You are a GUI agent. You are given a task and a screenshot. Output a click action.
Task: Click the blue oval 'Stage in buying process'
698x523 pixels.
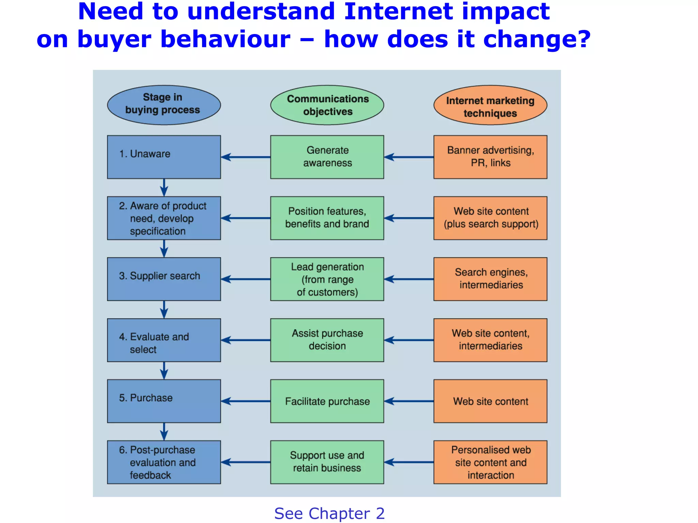[164, 105]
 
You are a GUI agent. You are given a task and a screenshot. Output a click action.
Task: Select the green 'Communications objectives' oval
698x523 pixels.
[327, 105]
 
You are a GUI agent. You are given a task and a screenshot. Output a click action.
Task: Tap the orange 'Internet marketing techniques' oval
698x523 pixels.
[490, 105]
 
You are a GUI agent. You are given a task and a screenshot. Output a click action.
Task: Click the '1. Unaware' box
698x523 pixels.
[164, 157]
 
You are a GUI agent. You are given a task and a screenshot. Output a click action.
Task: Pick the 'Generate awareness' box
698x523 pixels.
[327, 157]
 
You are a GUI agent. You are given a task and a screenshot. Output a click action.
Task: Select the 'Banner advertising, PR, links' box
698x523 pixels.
[490, 157]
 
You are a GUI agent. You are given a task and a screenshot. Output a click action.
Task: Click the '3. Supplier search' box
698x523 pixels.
[164, 279]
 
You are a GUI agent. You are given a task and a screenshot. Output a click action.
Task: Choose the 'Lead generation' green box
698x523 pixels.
[327, 279]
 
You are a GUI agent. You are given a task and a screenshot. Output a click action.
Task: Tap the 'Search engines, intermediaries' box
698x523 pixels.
[490, 279]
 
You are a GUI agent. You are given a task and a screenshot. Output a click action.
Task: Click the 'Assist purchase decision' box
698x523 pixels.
[327, 340]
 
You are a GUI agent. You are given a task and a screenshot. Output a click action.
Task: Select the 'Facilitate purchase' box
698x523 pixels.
[327, 401]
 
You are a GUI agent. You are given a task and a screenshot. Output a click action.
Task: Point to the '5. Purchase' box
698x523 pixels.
[164, 401]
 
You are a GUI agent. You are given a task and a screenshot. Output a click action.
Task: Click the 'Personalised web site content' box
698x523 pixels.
[490, 462]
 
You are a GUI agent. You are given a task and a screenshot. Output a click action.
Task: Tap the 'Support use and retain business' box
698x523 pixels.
[327, 462]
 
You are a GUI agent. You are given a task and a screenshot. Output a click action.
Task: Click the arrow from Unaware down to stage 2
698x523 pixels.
[164, 187]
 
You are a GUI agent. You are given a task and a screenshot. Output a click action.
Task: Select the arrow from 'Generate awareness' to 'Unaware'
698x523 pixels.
[245, 157]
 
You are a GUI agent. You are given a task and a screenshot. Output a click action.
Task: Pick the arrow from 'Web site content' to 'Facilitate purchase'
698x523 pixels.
[409, 401]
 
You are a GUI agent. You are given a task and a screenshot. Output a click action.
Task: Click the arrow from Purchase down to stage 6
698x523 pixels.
[164, 431]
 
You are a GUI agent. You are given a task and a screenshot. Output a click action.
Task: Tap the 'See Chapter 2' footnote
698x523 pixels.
[329, 513]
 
